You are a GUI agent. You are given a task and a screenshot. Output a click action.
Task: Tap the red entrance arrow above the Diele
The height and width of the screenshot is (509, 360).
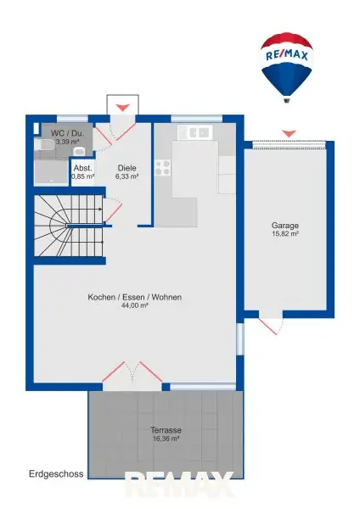coord(123,107)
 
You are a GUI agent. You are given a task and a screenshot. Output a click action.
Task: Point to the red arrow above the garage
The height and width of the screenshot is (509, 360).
coord(289,132)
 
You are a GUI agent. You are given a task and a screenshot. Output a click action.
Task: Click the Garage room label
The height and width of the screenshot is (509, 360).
coord(285,226)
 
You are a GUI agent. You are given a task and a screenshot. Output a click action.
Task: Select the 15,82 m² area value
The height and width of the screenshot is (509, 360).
coord(285,235)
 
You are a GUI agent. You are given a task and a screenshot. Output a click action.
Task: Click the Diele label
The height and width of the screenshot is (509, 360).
coord(127,168)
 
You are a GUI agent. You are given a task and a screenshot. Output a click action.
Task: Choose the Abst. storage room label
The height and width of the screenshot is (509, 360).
coord(82,168)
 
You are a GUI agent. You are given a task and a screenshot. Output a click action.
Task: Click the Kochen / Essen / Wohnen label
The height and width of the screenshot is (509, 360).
coord(135,297)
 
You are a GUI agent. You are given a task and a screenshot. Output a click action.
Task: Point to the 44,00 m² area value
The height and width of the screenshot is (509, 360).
coord(135,306)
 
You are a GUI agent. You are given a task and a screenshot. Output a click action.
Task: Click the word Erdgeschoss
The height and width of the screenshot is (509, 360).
coord(55,474)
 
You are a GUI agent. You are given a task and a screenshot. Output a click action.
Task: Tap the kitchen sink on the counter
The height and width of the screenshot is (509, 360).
coord(193,132)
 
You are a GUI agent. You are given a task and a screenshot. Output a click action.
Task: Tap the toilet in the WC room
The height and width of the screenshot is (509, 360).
coord(79,150)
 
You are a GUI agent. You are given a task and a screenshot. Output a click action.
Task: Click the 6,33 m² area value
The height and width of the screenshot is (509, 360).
coord(127,177)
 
